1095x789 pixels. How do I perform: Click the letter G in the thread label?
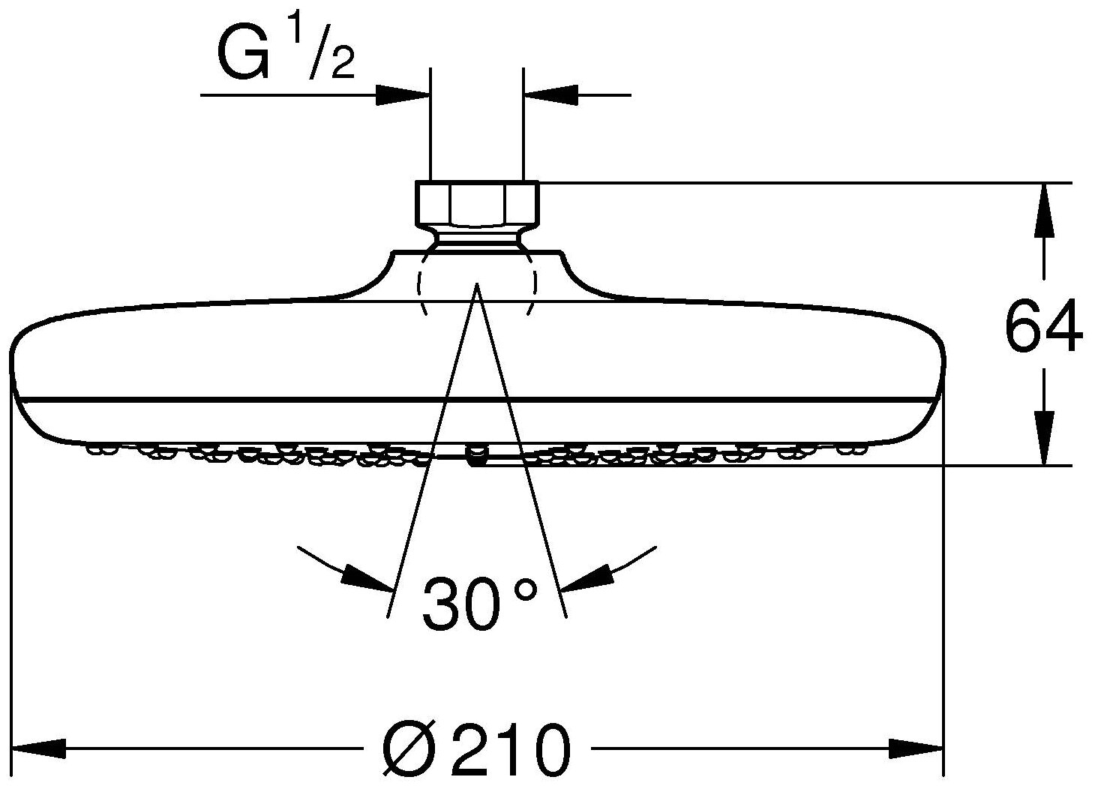tap(242, 55)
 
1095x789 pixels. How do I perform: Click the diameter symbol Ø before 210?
tap(409, 751)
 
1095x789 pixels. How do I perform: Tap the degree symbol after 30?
tap(526, 589)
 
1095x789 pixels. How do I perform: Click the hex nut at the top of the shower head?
tap(475, 204)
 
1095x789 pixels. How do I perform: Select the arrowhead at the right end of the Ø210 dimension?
tap(916, 748)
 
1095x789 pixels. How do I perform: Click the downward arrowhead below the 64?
tap(1042, 439)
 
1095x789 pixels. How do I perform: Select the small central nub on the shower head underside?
tap(474, 454)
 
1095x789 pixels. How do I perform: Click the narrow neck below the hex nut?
tap(475, 238)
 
